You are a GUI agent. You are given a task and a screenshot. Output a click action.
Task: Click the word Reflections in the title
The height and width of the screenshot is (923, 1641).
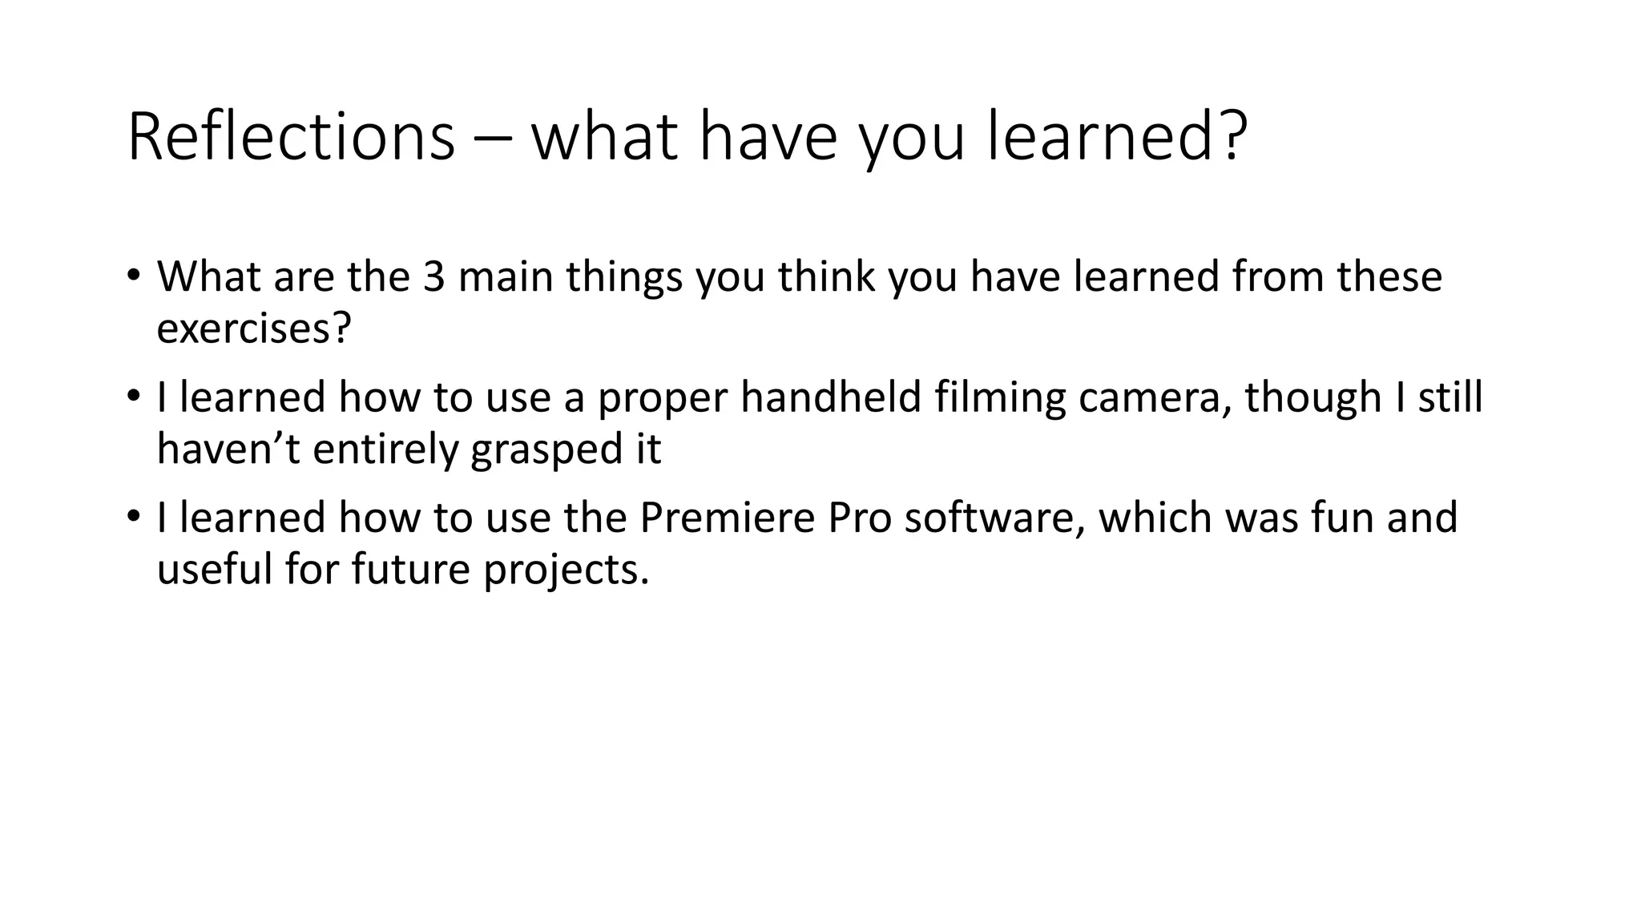click(x=290, y=137)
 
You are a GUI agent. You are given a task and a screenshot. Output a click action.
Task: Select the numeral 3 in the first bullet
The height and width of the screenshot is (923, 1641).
click(x=433, y=276)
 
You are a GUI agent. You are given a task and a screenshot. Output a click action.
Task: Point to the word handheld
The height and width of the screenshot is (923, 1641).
click(x=831, y=397)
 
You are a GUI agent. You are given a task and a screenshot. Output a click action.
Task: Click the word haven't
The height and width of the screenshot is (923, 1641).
click(x=227, y=449)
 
